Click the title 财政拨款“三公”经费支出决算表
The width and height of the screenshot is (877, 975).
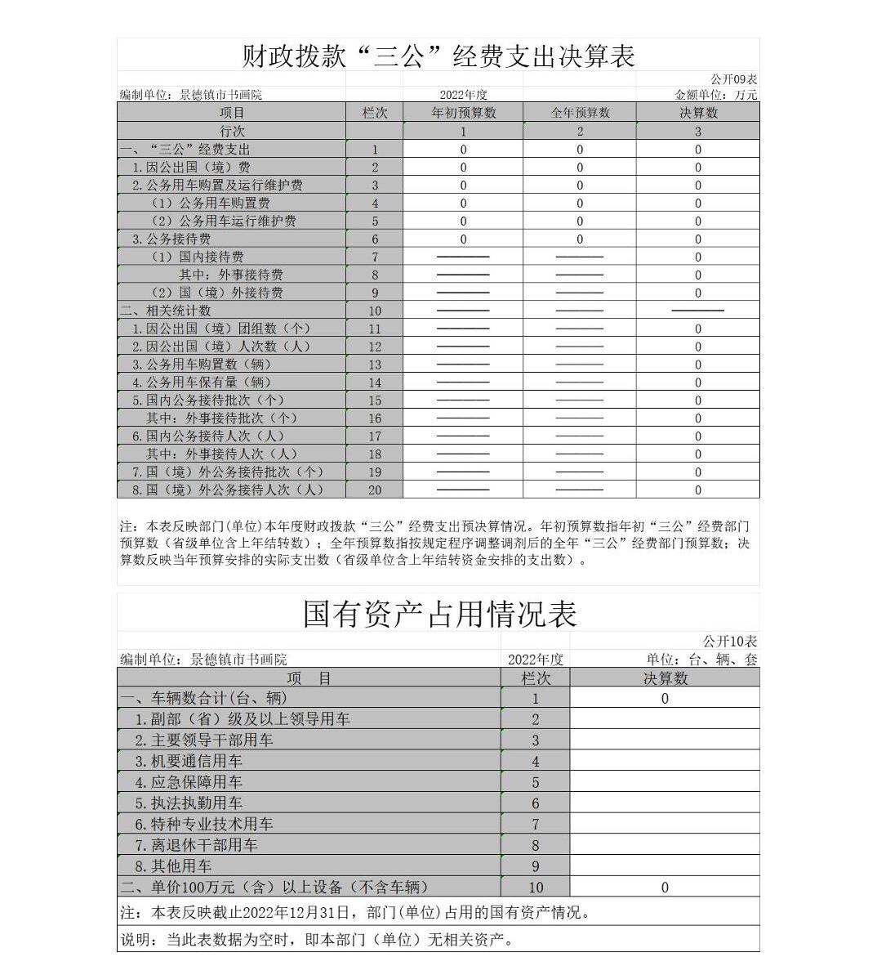(438, 56)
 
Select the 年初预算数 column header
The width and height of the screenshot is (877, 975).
(463, 113)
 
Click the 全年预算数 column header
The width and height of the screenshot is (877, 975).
(580, 113)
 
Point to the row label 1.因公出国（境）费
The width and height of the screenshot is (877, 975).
(192, 168)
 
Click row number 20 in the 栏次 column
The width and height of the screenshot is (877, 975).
(375, 490)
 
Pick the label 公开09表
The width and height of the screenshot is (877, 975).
(733, 79)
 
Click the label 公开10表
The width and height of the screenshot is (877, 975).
(730, 642)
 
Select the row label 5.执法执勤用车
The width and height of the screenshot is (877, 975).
(189, 803)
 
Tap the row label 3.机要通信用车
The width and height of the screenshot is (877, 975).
(189, 762)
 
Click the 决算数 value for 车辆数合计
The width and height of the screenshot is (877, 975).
(665, 699)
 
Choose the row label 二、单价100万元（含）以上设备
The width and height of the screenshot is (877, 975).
(274, 888)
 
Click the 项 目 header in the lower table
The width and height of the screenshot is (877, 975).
(309, 678)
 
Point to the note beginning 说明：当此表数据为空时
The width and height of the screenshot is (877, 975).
(319, 940)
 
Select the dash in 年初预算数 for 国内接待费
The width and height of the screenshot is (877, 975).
(463, 257)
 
